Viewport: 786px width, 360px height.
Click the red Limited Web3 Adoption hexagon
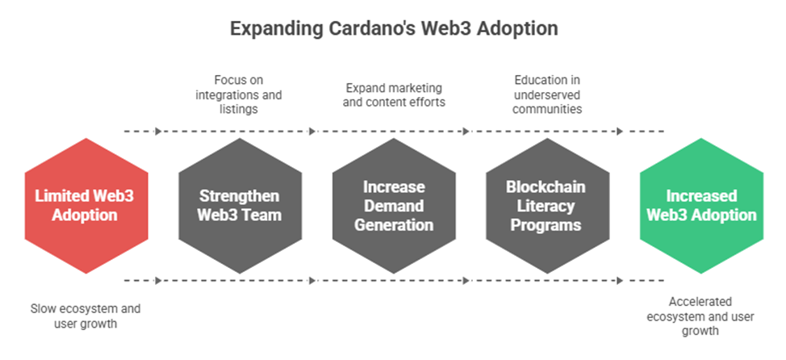(x=86, y=206)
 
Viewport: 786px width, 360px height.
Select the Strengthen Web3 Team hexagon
(x=240, y=206)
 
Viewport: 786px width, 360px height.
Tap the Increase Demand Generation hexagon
(x=394, y=206)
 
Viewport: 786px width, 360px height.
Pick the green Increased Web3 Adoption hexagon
(x=701, y=206)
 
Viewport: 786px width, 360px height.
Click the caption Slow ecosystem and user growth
(x=85, y=315)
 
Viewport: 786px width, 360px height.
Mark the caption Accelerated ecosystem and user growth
(x=701, y=315)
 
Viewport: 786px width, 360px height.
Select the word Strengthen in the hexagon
(x=240, y=196)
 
